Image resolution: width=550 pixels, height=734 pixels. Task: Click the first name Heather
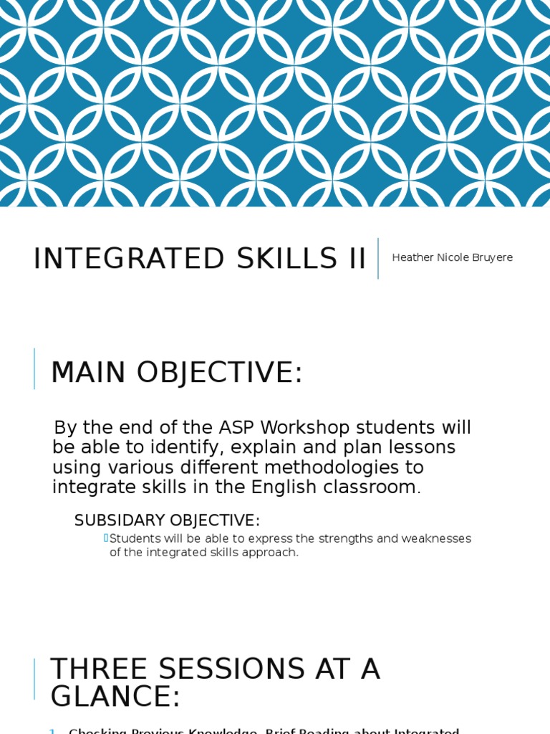(x=413, y=257)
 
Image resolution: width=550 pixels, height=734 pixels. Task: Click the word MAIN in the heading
(x=89, y=373)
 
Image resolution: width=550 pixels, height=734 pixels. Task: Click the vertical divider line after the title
(x=378, y=258)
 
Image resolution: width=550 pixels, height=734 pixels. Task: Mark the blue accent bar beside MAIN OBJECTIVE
(x=34, y=368)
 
